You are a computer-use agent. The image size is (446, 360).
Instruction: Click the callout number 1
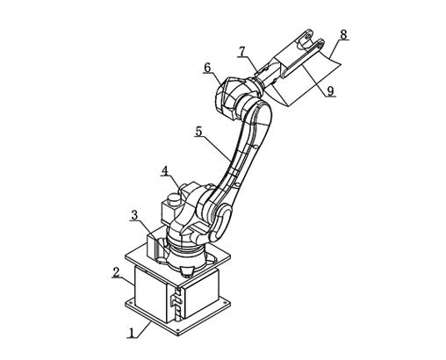coord(133,333)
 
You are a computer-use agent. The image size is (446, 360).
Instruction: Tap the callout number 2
coord(116,272)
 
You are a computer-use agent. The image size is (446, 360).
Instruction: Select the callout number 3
coord(134,215)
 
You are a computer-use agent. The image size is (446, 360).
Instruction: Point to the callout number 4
coord(165,170)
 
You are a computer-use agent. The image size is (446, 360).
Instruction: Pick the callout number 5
coord(198,132)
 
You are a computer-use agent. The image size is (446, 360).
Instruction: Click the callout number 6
coord(207,68)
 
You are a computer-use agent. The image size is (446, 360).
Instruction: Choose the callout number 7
coord(241,52)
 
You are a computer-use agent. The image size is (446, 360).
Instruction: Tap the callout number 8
coord(343,34)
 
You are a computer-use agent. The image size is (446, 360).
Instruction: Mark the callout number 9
coord(330,91)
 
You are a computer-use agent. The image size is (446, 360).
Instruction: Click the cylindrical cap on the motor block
coord(173,200)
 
